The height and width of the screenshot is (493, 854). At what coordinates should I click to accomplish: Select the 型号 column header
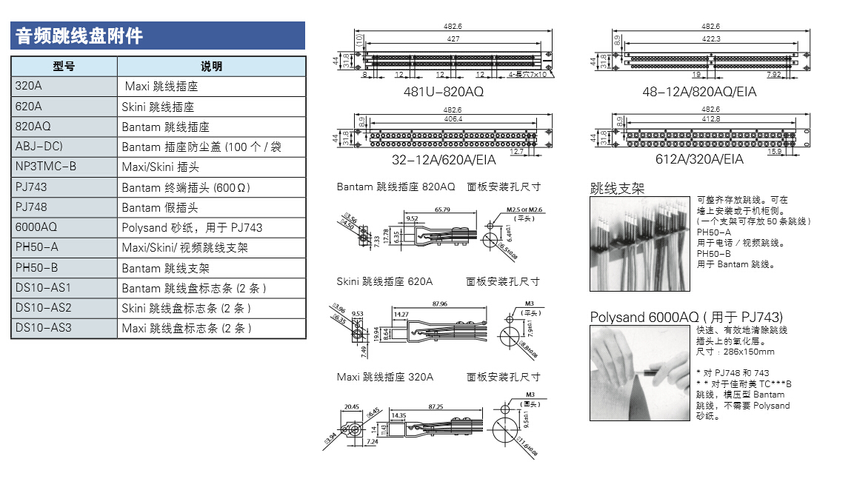click(x=64, y=67)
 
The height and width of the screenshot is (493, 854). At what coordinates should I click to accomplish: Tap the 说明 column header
click(x=211, y=67)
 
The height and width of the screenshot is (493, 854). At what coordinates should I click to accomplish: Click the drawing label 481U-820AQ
click(x=443, y=92)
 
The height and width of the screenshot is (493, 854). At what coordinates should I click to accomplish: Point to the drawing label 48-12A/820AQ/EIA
click(x=699, y=92)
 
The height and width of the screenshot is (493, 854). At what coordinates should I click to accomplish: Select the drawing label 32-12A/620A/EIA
click(x=444, y=159)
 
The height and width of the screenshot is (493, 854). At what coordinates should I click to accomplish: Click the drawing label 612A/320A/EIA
click(x=699, y=159)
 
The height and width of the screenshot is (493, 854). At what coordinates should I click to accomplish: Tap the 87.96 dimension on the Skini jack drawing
click(x=438, y=303)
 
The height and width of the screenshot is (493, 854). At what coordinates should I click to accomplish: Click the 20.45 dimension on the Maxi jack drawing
click(x=352, y=406)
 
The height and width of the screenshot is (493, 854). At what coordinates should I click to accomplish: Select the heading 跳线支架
click(x=617, y=189)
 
